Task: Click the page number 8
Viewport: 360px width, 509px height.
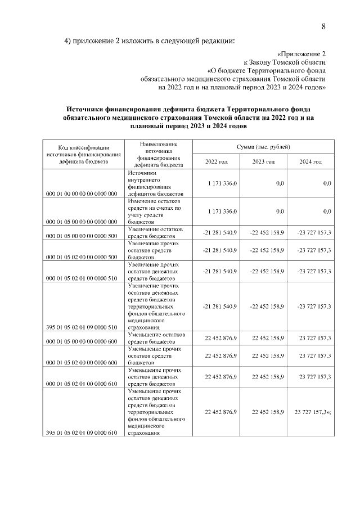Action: click(x=323, y=26)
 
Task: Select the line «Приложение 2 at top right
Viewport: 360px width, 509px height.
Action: click(x=301, y=54)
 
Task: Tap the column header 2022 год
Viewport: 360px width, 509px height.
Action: click(x=216, y=161)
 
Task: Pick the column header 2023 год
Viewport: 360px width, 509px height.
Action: click(x=263, y=161)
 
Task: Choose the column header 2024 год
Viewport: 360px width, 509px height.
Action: click(x=310, y=161)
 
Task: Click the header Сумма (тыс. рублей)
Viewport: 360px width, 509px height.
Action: click(x=263, y=146)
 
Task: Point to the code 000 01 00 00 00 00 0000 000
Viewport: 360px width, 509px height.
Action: click(x=83, y=193)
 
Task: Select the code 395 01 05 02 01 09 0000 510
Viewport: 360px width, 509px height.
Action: click(x=83, y=327)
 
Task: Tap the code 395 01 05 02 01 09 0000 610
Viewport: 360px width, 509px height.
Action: click(x=83, y=432)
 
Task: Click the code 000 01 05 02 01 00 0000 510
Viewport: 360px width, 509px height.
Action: click(x=83, y=278)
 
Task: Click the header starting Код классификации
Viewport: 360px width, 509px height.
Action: click(x=83, y=154)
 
